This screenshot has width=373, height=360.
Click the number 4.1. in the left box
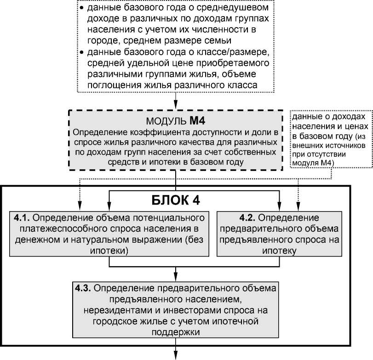23,217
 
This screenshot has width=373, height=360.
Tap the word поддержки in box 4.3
176,331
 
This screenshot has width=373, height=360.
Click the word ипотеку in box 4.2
280,251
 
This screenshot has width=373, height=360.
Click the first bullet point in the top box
81,9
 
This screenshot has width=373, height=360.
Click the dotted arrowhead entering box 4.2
299,207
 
